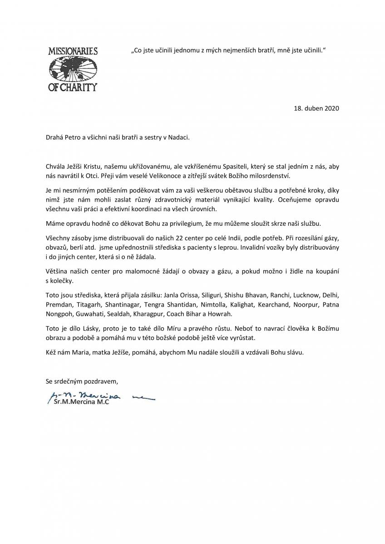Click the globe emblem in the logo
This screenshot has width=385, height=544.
pyautogui.click(x=73, y=68)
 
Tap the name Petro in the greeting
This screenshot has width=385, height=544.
pyautogui.click(x=73, y=136)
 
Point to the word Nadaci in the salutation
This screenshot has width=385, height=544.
pyautogui.click(x=178, y=136)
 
